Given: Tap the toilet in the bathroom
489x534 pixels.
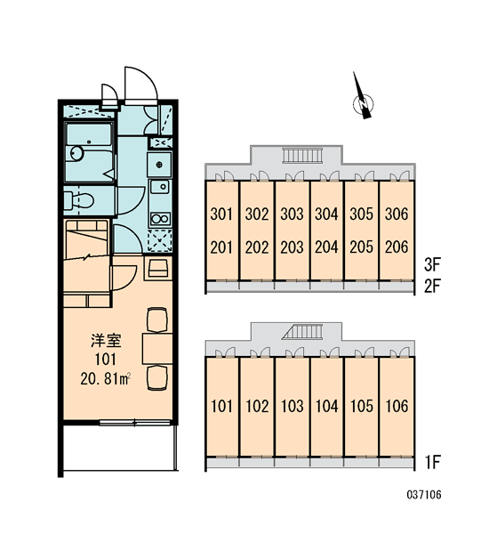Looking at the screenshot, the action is coord(79,200).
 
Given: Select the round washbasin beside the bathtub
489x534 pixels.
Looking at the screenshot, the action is coord(76,153).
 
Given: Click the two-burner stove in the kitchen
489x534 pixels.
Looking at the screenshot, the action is coord(160,219).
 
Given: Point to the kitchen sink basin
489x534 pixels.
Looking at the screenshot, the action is coord(160,187).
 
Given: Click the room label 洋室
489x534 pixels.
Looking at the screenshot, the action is coord(106,341).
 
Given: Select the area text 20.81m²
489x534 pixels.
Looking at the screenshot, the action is coord(106,379).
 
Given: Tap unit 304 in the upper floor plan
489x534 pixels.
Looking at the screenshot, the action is coord(326,214).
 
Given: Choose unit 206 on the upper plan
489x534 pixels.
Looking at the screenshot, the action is coord(397,247).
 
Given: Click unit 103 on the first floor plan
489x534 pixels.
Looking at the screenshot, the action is coord(292,406).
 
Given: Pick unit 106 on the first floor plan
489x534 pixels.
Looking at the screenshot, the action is coord(397,406).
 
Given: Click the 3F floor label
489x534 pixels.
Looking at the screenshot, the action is coord(432,264).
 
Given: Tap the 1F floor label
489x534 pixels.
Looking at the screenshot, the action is coord(432,462).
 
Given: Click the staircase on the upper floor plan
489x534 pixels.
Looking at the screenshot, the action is coord(302,156).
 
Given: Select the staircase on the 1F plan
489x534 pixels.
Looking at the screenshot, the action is coord(302,332).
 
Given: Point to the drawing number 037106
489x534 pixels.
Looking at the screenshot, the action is coord(424,495).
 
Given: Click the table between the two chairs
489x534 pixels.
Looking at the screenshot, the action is coord(157,349).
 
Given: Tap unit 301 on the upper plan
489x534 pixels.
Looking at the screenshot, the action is coord(221,214).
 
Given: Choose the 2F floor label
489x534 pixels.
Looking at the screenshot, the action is coord(432,286).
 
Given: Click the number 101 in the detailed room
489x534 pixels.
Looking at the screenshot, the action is coord(106,360).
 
